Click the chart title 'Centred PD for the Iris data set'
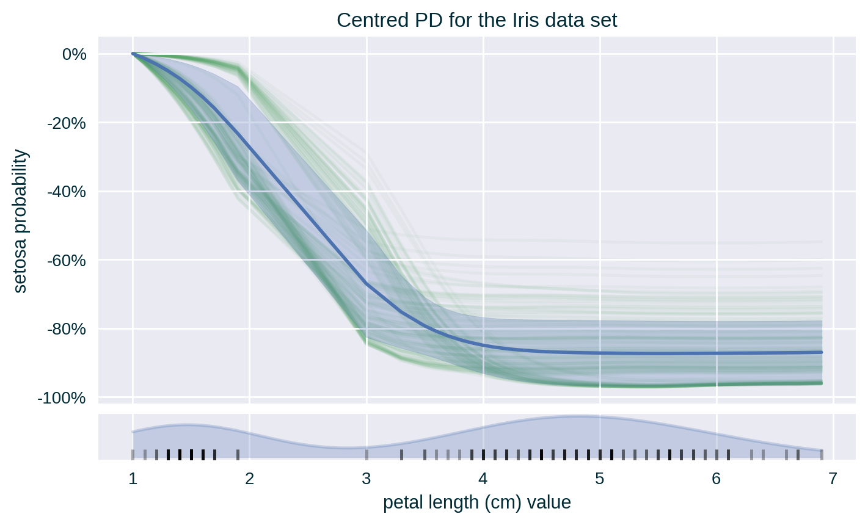[x=477, y=20]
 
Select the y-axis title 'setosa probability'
[x=20, y=221]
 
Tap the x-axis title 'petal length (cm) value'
[x=477, y=502]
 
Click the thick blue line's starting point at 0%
[x=133, y=54]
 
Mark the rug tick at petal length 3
[x=367, y=454]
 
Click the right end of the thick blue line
[x=822, y=352]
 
